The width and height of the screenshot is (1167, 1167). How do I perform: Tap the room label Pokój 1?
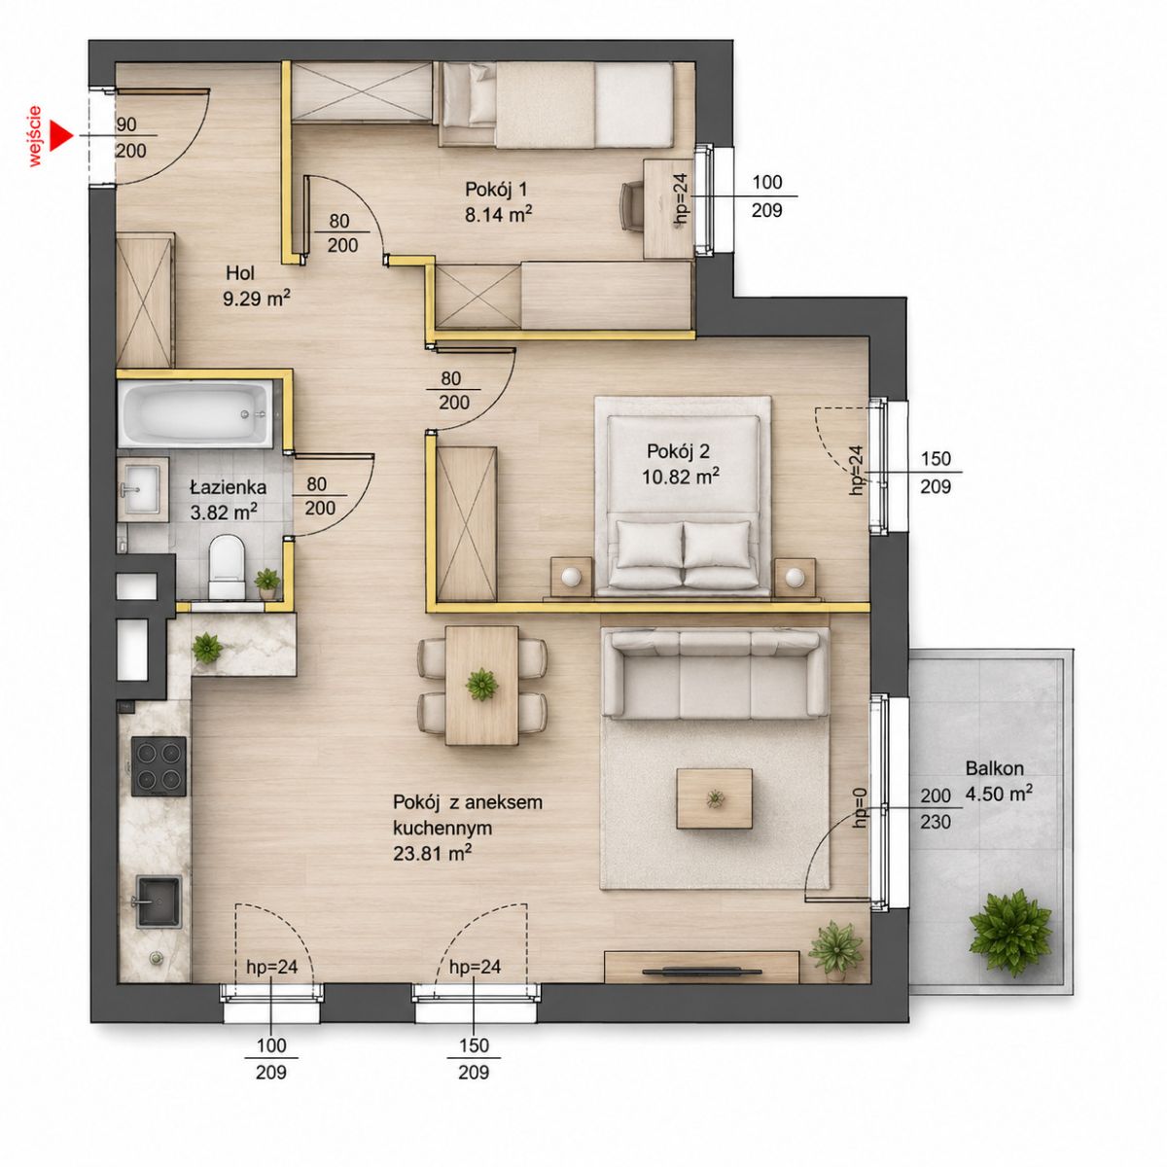pyautogui.click(x=496, y=190)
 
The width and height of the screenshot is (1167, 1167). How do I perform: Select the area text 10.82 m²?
pyautogui.click(x=680, y=477)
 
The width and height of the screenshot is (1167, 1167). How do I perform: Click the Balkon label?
pyautogui.click(x=995, y=768)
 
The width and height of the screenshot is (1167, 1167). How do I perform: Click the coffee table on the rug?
pyautogui.click(x=715, y=798)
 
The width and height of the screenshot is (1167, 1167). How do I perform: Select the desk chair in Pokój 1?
pyautogui.click(x=632, y=206)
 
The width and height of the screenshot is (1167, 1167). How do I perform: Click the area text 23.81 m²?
pyautogui.click(x=433, y=853)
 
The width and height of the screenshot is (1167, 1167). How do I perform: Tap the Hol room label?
pyautogui.click(x=240, y=273)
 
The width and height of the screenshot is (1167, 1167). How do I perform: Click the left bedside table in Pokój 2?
pyautogui.click(x=571, y=576)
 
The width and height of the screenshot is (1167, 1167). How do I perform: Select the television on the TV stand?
pyautogui.click(x=702, y=972)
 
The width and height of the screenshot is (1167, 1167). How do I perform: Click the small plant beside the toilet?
pyautogui.click(x=267, y=582)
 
